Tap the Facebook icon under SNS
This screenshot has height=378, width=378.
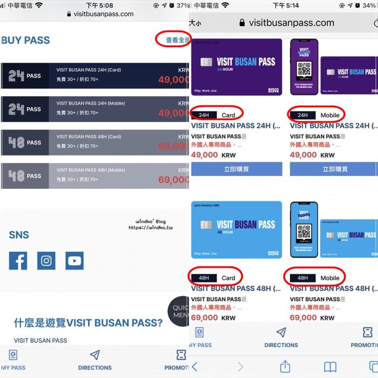[x=18, y=261]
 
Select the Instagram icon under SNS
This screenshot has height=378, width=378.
[x=46, y=261]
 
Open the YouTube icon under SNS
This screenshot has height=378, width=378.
[x=74, y=261]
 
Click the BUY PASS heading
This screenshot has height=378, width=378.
[x=26, y=40]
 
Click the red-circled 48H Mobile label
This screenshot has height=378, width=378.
[x=315, y=278]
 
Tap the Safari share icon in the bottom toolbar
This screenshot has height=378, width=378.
[x=285, y=366]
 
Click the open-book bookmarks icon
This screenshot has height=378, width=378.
[x=330, y=367]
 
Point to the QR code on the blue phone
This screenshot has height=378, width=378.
[x=304, y=232]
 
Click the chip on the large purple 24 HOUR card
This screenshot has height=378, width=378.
[x=206, y=63]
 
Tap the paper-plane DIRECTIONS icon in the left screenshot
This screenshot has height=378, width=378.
[x=95, y=355]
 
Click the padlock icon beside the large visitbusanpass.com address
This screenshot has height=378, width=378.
[x=242, y=23]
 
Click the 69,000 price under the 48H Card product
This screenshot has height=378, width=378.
[x=204, y=318]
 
